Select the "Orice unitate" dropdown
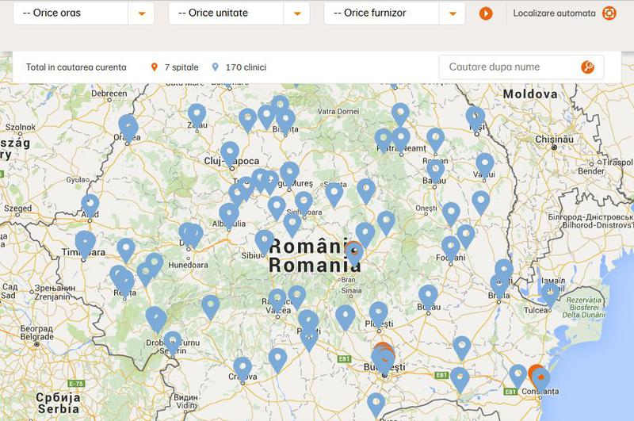click(x=239, y=13)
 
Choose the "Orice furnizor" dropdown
click(x=395, y=13)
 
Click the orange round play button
click(x=486, y=13)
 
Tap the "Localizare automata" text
click(x=554, y=13)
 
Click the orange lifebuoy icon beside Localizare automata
click(x=609, y=13)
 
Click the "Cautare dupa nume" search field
click(x=511, y=67)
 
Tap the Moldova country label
click(x=530, y=94)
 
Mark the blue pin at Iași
click(x=475, y=118)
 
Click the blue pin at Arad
click(x=90, y=205)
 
